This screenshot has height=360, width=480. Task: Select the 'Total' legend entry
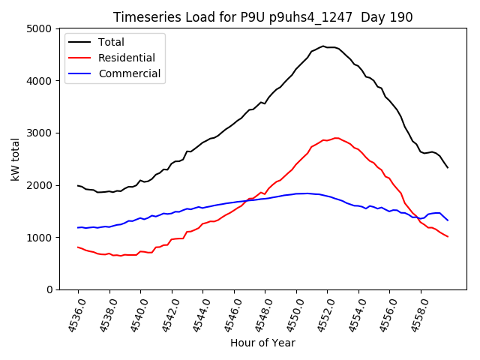point(111,42)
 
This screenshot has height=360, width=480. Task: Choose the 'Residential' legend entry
point(129,58)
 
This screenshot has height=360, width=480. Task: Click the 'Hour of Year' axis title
point(262,343)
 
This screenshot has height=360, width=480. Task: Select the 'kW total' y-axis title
point(16,159)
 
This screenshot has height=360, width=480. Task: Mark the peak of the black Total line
point(324,46)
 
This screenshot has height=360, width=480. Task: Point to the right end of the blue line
point(448,220)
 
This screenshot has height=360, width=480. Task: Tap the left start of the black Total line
point(78,185)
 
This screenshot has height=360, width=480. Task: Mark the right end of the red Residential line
point(448,237)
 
